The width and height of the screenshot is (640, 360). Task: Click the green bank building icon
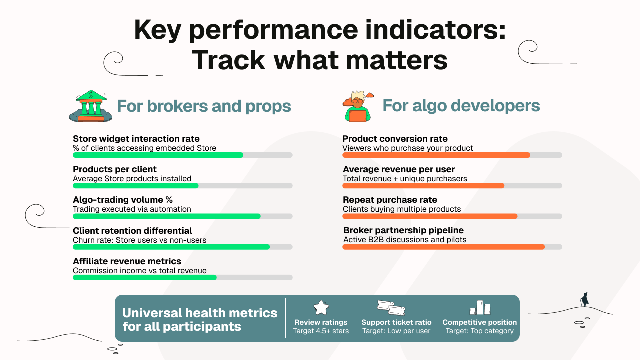pyautogui.click(x=90, y=106)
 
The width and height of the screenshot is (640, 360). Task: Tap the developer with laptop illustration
pyautogui.click(x=358, y=106)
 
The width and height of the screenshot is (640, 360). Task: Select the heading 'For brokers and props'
pyautogui.click(x=204, y=106)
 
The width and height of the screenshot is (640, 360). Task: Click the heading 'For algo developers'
pyautogui.click(x=461, y=106)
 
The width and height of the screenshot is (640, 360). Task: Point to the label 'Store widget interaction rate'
pyautogui.click(x=136, y=139)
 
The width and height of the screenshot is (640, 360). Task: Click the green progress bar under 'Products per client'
pyautogui.click(x=136, y=186)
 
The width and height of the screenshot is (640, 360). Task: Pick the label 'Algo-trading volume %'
pyautogui.click(x=122, y=200)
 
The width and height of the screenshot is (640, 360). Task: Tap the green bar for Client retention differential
pyautogui.click(x=171, y=247)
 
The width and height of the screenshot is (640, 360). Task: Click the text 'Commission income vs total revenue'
pyautogui.click(x=139, y=271)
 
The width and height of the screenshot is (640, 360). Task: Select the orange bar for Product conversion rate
pyautogui.click(x=436, y=155)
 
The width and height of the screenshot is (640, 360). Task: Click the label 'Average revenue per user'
pyautogui.click(x=398, y=169)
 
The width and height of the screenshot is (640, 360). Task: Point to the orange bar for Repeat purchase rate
pyautogui.click(x=430, y=216)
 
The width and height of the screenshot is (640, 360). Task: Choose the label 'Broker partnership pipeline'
pyautogui.click(x=403, y=230)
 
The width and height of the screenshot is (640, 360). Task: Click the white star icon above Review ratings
pyautogui.click(x=321, y=308)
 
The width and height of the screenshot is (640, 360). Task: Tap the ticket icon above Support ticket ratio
pyautogui.click(x=391, y=308)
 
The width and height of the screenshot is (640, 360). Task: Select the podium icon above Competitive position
pyautogui.click(x=479, y=307)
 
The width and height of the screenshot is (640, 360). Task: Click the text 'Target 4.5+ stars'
pyautogui.click(x=321, y=331)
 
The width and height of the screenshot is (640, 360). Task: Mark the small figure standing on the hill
pyautogui.click(x=584, y=300)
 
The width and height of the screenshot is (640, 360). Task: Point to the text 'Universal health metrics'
pyautogui.click(x=200, y=313)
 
